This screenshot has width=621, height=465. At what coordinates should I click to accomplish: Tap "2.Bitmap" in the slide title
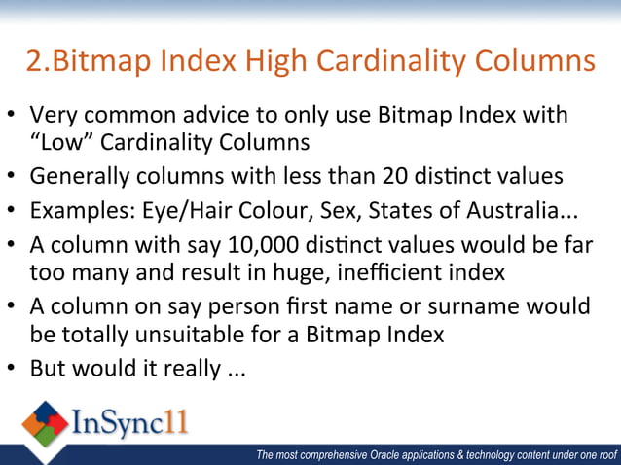pyautogui.click(x=81, y=62)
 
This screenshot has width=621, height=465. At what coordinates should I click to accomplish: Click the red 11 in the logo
pyautogui.click(x=173, y=424)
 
